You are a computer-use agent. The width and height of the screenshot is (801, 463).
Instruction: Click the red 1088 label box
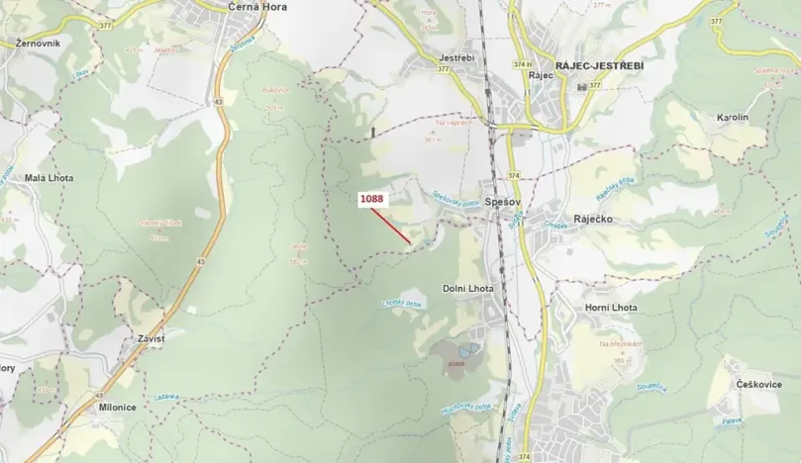click(372, 199)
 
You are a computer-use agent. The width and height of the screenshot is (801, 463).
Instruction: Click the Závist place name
click(144, 338)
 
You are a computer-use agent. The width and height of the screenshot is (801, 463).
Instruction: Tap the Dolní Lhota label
click(467, 288)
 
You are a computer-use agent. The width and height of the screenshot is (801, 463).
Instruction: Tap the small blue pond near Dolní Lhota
click(466, 349)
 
